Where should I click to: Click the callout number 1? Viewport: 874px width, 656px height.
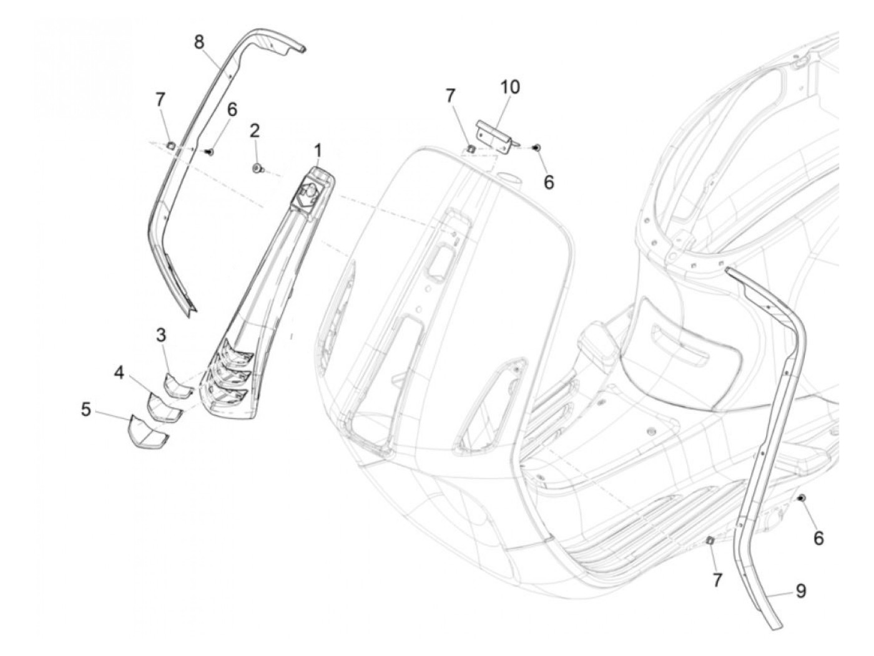[318, 151]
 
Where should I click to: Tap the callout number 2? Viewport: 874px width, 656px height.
[254, 132]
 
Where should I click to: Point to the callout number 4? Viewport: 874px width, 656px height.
[119, 374]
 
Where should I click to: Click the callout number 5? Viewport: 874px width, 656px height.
[86, 410]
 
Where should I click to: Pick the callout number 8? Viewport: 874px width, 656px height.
[199, 42]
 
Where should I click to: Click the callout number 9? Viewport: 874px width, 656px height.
[800, 591]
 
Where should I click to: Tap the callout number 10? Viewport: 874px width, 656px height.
[510, 87]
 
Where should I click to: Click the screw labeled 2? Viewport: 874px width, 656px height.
[257, 168]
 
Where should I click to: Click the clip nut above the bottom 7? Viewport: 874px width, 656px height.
[709, 541]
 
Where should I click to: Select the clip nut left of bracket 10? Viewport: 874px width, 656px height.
[471, 148]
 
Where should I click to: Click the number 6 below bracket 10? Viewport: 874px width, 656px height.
[549, 182]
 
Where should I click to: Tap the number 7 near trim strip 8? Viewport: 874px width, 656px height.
[160, 99]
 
